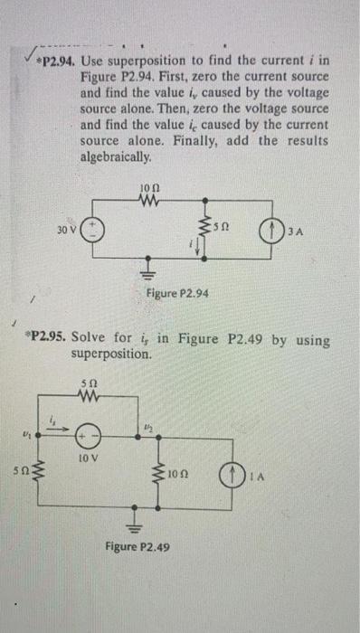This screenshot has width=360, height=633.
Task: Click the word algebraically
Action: [x=115, y=156]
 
